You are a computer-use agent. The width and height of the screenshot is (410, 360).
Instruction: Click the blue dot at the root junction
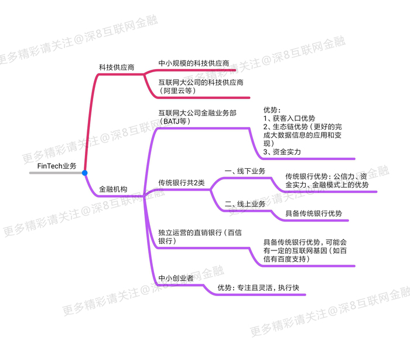click(x=84, y=173)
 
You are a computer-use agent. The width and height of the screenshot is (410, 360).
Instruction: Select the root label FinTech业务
click(x=57, y=166)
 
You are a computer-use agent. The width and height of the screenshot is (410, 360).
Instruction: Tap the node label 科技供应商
click(x=117, y=67)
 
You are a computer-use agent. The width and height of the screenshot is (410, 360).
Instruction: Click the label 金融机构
click(x=113, y=189)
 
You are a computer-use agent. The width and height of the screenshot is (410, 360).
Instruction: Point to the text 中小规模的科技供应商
click(x=194, y=63)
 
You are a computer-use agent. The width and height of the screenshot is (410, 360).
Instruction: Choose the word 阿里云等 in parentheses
click(x=177, y=91)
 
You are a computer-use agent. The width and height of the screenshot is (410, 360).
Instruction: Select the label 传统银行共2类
click(x=182, y=182)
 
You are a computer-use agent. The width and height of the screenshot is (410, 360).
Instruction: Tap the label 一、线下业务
click(x=245, y=171)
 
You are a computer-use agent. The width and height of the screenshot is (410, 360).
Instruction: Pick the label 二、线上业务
click(x=245, y=204)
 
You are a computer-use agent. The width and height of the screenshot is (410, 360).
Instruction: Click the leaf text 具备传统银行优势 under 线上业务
click(x=314, y=213)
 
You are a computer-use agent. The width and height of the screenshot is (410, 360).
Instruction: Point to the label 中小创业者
click(x=176, y=278)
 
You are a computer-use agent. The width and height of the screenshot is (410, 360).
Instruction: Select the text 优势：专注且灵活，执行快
click(x=258, y=288)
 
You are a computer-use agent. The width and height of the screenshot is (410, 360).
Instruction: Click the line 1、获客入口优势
click(x=289, y=118)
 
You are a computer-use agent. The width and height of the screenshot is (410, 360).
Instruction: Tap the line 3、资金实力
click(x=282, y=152)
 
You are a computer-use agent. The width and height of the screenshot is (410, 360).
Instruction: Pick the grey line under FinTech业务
click(x=56, y=173)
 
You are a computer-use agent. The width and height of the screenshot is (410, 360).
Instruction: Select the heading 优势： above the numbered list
click(x=272, y=110)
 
